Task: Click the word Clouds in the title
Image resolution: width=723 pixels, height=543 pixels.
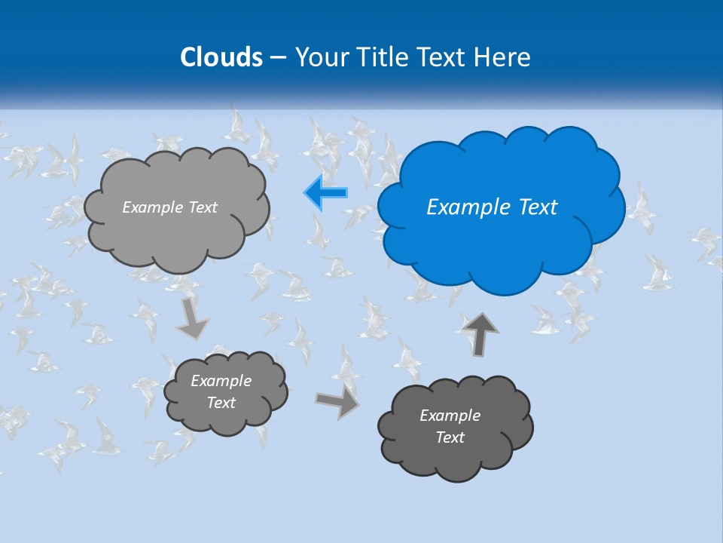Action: [221, 57]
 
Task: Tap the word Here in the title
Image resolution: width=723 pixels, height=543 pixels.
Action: [503, 57]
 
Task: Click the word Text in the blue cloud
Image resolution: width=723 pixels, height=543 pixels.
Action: [536, 207]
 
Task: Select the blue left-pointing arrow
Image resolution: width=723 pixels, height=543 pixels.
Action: [326, 192]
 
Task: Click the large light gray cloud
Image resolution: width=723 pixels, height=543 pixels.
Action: [177, 234]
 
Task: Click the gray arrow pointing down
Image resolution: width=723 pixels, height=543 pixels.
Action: [192, 319]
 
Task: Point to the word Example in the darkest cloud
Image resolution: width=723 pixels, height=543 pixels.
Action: [450, 416]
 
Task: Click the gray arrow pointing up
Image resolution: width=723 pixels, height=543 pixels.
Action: [479, 333]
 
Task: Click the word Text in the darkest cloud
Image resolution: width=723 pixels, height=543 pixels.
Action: [450, 437]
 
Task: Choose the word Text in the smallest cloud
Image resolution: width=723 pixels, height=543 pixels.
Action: [221, 403]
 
